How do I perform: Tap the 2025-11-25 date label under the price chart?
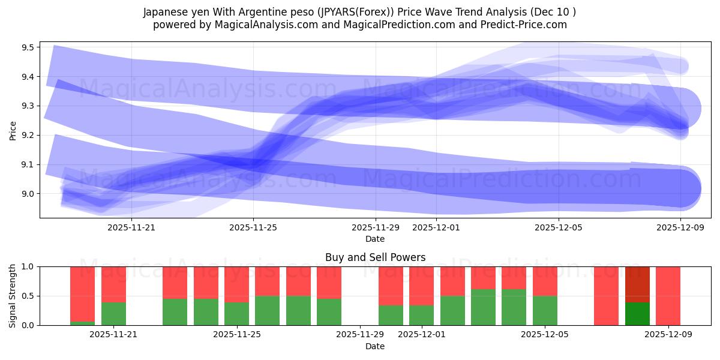(253, 227)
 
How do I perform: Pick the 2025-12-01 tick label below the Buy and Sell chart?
(421, 335)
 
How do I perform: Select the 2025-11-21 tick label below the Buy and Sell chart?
(113, 335)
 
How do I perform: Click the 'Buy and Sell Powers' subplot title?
(375, 257)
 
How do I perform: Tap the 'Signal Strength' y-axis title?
(13, 296)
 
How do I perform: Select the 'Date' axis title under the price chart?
(375, 239)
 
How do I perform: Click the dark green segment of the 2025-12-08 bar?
(637, 314)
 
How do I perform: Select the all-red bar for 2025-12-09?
(668, 296)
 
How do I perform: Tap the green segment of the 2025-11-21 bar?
(113, 314)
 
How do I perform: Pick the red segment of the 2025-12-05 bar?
(545, 281)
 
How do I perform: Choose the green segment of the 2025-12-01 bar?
(421, 316)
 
